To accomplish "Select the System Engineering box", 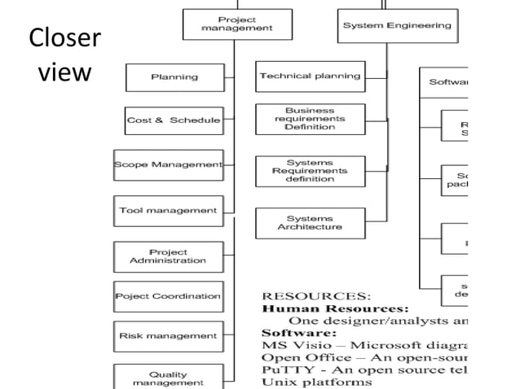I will pos(396,25).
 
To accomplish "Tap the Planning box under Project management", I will pos(174,77).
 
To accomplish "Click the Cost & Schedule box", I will pos(173,120).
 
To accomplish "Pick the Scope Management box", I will pos(168,164).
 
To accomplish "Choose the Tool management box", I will pos(168,210).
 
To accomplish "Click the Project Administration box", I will pos(167,256).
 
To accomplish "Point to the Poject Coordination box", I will pos(168,296).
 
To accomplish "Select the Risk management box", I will pos(168,335).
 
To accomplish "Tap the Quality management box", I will pos(168,377).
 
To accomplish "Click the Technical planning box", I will pos(309,76).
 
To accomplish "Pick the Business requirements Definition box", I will pos(309,119).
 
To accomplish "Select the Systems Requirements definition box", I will pos(309,171).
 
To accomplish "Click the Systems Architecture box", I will pos(309,223).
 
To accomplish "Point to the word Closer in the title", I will pos(64,38).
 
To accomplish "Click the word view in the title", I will pos(64,72).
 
